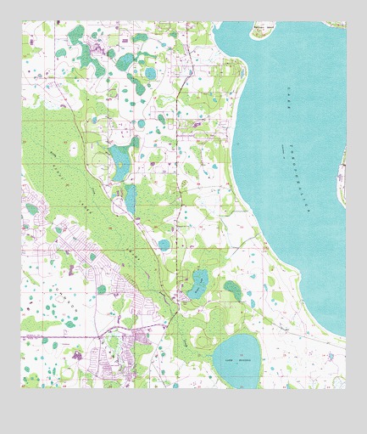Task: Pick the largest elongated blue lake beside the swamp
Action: (120, 160)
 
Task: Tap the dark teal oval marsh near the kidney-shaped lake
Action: (232, 290)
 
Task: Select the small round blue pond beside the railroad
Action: (164, 245)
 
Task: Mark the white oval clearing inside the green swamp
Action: (74, 149)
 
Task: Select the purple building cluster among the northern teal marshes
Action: (110, 53)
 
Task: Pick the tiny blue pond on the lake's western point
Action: (252, 303)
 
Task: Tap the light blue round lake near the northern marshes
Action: (150, 74)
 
